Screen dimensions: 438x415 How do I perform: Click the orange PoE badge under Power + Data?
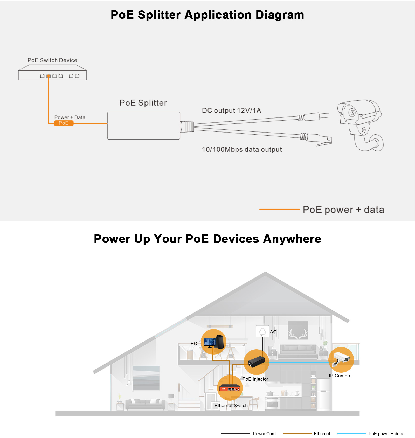point(64,123)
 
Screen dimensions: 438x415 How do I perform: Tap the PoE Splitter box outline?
point(143,126)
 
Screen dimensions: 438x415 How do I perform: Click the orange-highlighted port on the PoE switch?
point(49,76)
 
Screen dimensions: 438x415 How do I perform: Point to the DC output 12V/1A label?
point(231,111)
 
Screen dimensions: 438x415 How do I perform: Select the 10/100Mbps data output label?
point(242,150)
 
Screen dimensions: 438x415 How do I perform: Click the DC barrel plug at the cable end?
point(316,116)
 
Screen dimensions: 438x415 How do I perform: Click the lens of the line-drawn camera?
point(352,113)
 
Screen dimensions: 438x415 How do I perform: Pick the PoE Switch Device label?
point(52,60)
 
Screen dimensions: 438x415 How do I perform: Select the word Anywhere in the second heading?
point(292,239)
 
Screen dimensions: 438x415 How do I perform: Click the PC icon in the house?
point(213,342)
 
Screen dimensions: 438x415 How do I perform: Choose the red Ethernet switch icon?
point(230,388)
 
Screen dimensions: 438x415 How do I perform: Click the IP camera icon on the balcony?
point(341,359)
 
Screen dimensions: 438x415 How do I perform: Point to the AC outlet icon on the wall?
point(262,331)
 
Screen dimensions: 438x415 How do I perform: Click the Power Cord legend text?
point(264,434)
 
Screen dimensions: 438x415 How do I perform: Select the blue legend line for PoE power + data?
point(351,434)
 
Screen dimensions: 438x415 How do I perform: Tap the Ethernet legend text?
point(322,434)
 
